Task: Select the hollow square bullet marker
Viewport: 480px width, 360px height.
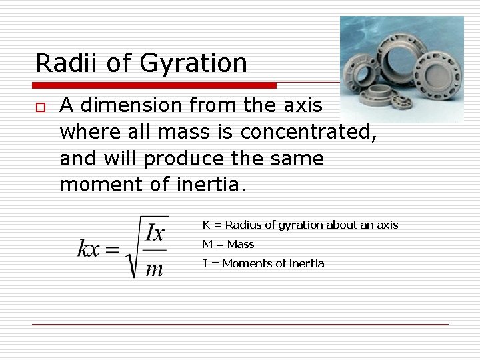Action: [41, 107]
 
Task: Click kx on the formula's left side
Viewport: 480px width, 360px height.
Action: [89, 249]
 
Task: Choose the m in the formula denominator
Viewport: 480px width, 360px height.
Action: [154, 269]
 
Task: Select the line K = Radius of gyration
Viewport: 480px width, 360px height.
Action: [300, 225]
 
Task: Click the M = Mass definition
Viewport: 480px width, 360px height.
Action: [228, 244]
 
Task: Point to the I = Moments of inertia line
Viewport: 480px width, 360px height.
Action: [263, 263]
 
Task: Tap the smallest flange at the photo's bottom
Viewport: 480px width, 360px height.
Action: [401, 101]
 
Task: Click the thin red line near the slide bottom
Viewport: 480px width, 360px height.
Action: [240, 325]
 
